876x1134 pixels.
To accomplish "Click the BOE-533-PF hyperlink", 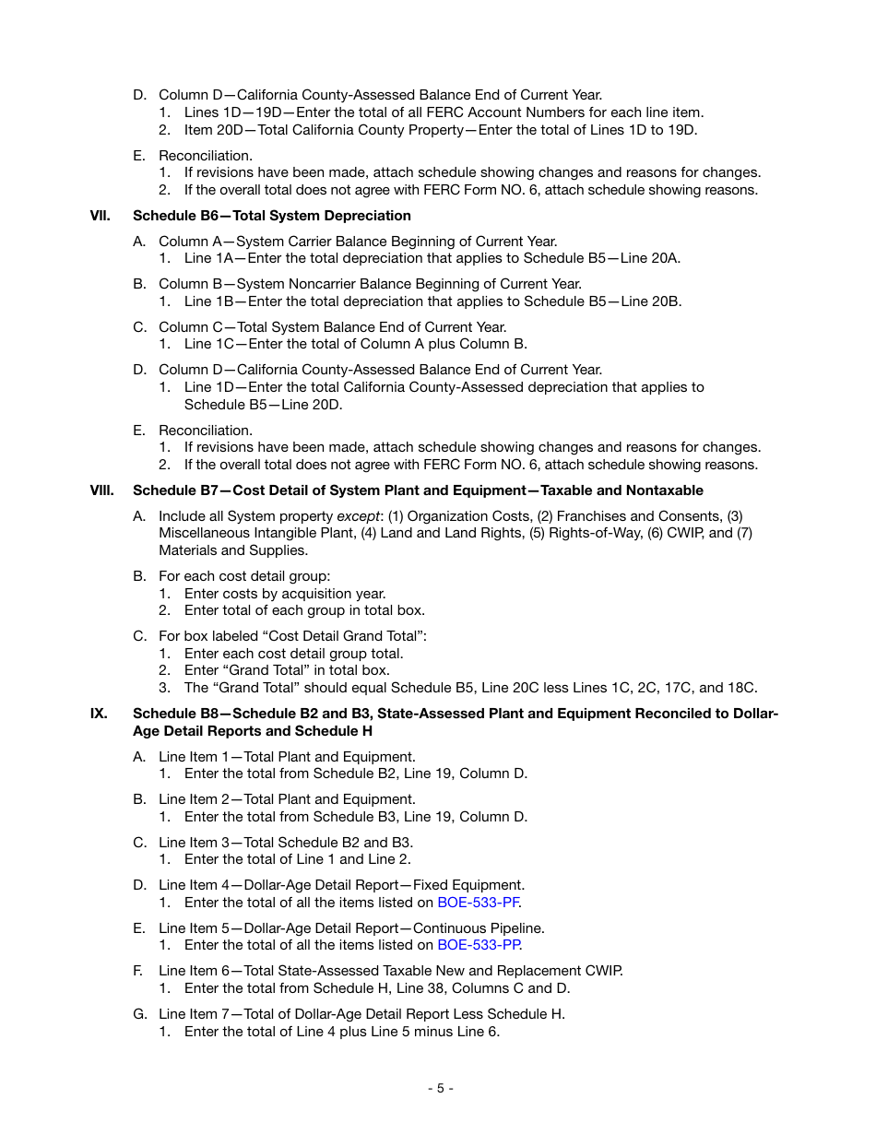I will (478, 903).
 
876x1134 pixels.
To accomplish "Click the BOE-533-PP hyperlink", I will (479, 945).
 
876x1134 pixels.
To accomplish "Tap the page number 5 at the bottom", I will (440, 1088).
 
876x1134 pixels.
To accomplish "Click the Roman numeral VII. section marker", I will (100, 216).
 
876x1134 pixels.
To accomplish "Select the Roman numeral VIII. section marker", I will (101, 490).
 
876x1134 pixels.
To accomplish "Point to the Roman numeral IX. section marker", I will (98, 714).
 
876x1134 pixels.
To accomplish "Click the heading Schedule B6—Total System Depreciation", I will (272, 216).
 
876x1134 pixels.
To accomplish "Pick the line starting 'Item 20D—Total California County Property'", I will (441, 130).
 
